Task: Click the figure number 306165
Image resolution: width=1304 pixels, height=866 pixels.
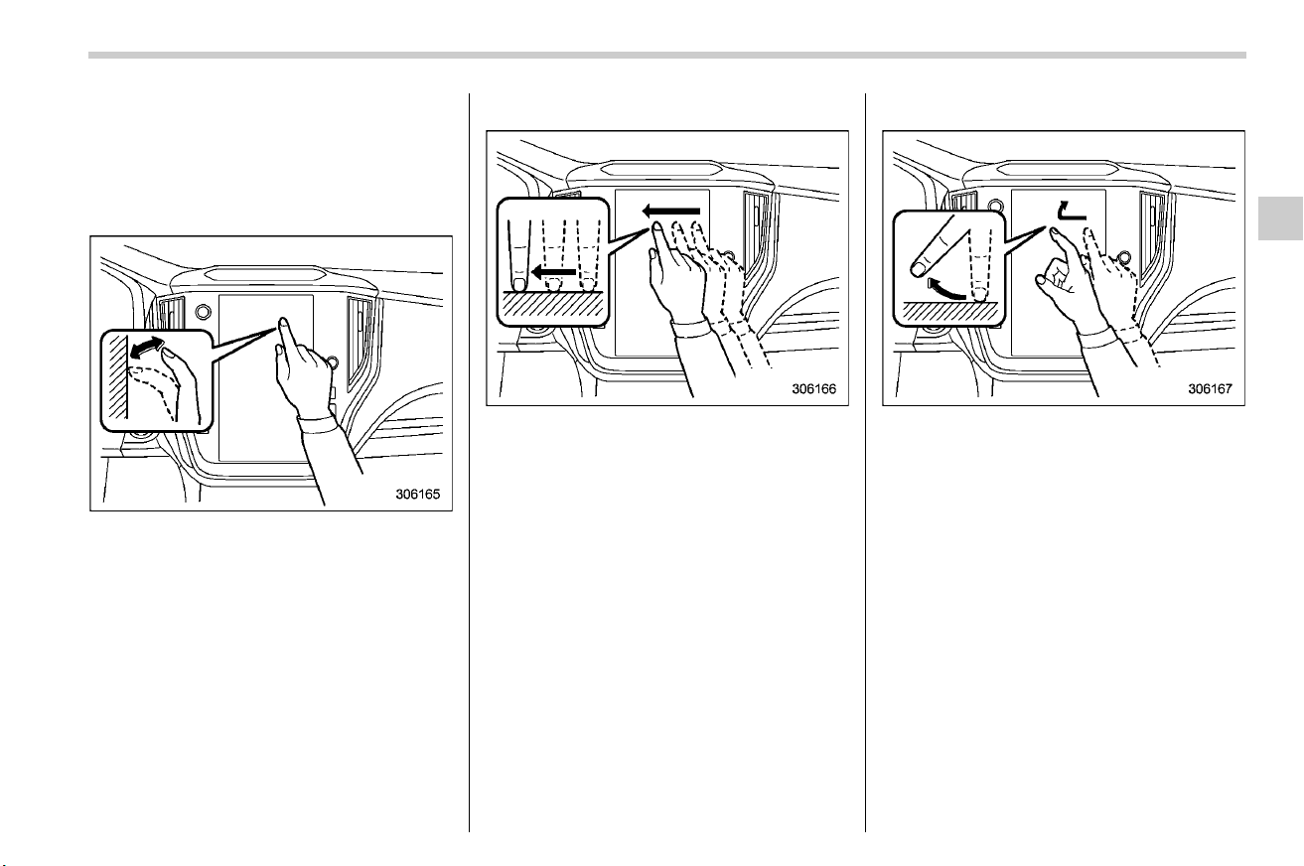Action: tap(417, 495)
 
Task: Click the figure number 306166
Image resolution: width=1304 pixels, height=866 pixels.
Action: tap(813, 388)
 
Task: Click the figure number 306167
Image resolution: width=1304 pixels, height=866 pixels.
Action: tap(1211, 388)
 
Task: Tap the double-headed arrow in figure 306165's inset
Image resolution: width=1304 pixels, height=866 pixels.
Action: tap(146, 348)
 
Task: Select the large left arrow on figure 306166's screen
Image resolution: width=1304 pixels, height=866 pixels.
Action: tap(671, 211)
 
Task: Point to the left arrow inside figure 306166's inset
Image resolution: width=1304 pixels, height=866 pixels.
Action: tap(553, 272)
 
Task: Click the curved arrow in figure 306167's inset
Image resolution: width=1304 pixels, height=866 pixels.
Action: tap(946, 290)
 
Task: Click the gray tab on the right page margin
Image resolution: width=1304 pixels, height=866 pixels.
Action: tap(1280, 218)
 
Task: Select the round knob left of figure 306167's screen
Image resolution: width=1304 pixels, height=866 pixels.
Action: tap(995, 206)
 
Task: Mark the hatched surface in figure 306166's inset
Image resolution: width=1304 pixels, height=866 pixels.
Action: tap(553, 304)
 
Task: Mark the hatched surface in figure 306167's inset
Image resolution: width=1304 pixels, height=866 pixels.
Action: tap(949, 313)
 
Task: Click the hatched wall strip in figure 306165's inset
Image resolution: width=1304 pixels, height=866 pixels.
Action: tap(118, 376)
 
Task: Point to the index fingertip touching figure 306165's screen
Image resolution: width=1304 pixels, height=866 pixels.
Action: tap(283, 321)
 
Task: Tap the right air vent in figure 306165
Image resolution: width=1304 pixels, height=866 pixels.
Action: tap(361, 343)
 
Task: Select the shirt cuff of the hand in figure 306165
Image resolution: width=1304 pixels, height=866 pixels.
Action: tap(317, 423)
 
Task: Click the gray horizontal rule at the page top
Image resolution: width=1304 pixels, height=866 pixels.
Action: tap(667, 56)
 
